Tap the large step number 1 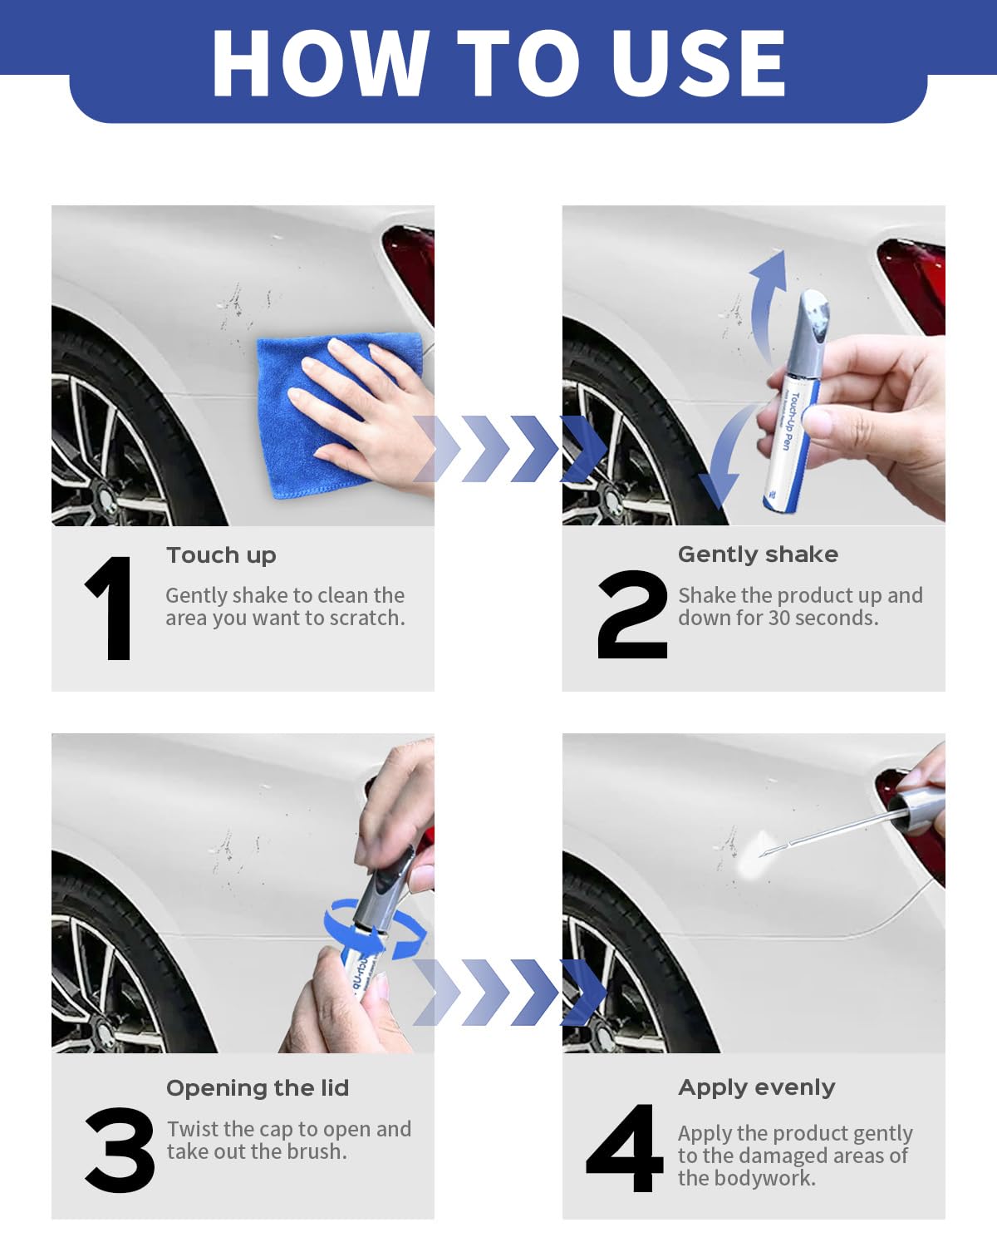(110, 608)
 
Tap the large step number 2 (632, 614)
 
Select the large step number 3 (120, 1151)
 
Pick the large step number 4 (625, 1148)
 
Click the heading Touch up (221, 555)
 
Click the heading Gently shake (758, 555)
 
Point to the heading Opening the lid (258, 1088)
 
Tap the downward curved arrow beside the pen (724, 458)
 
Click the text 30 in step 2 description (779, 619)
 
